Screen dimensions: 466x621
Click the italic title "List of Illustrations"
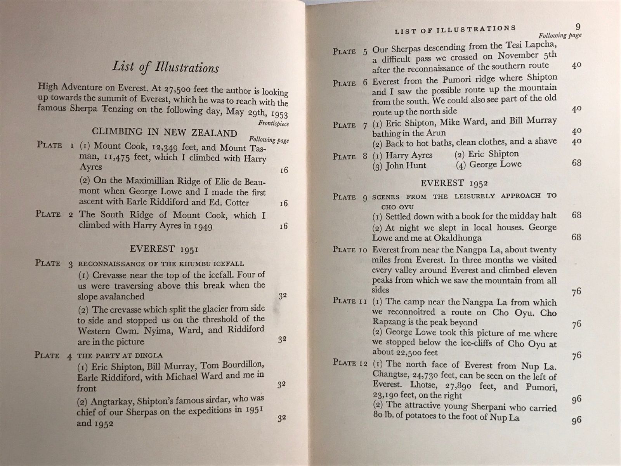pyautogui.click(x=166, y=68)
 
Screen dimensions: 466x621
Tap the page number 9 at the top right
pyautogui.click(x=578, y=27)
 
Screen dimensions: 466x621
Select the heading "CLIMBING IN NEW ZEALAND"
pyautogui.click(x=165, y=132)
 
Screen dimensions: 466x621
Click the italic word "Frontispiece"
pyautogui.click(x=273, y=124)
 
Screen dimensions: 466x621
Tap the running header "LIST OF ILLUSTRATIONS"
pyautogui.click(x=455, y=30)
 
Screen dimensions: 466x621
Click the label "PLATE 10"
pyautogui.click(x=350, y=250)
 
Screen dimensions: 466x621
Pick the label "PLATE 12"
pyautogui.click(x=350, y=363)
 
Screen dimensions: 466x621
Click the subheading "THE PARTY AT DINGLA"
pyautogui.click(x=120, y=355)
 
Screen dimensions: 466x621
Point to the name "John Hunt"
pyautogui.click(x=406, y=165)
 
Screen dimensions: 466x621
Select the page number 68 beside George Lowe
pyautogui.click(x=576, y=163)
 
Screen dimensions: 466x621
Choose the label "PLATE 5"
pyautogui.click(x=350, y=51)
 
